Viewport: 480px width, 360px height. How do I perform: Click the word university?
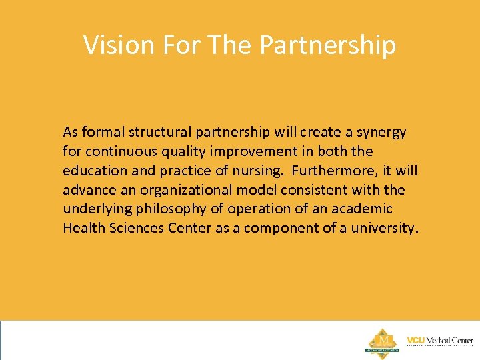tap(385, 229)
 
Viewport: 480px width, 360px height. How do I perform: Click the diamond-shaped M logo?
tap(383, 341)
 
